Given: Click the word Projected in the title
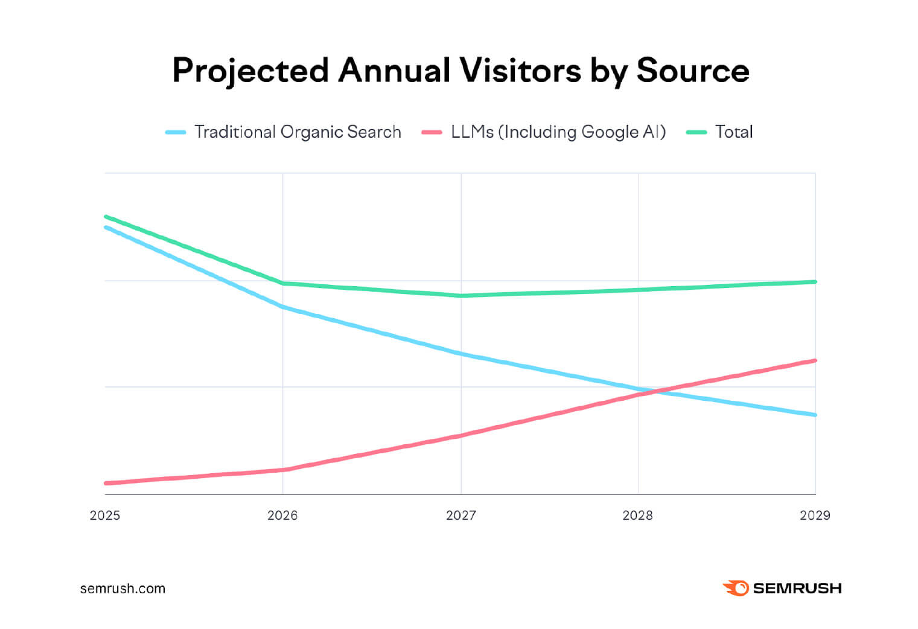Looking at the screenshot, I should pos(250,71).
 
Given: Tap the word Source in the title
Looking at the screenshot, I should pos(692,71).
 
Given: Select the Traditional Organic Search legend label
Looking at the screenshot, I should pos(298,132).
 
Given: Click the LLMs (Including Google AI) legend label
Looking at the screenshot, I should pos(558,132).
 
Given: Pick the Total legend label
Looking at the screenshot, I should pos(734,132).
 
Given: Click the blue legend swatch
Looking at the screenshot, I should pos(176,132).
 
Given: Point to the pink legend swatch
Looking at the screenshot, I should pos(432,132).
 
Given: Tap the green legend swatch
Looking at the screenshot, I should pos(696,132).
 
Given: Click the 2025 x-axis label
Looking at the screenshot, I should pos(105,516).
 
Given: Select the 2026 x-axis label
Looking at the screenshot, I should pos(282,516).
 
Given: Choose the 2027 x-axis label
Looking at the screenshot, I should pos(461,516).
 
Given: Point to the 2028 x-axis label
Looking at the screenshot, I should pos(637,516).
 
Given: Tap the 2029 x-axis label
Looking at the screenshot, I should pos(815,516).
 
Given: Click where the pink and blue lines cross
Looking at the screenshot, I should pos(655,391).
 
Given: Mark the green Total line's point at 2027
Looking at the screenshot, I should pos(461,296).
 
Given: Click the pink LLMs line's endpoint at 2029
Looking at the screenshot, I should pos(815,361).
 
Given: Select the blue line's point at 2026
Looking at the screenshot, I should pos(283,307).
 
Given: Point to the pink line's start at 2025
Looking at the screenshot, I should pos(106,483).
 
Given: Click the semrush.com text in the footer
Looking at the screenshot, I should pos(123,589).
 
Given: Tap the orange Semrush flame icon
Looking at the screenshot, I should pos(735,588).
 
